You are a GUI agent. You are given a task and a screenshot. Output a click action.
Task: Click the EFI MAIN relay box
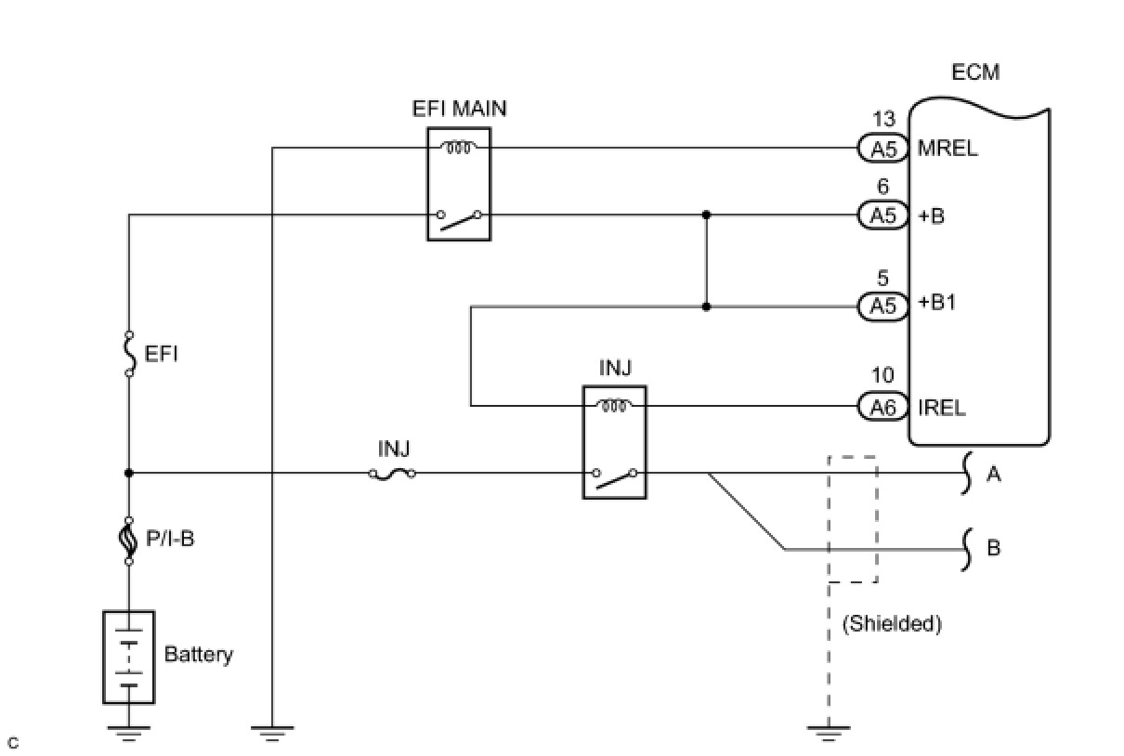pyautogui.click(x=459, y=184)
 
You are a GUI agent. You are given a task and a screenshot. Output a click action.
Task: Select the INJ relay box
pyautogui.click(x=614, y=442)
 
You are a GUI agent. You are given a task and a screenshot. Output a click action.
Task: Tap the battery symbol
pyautogui.click(x=128, y=657)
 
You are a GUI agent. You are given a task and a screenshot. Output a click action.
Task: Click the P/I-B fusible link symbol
pyautogui.click(x=128, y=540)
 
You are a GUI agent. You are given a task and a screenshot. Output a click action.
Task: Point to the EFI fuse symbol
pyautogui.click(x=128, y=354)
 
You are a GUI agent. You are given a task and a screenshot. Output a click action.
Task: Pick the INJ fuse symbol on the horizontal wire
pyautogui.click(x=392, y=474)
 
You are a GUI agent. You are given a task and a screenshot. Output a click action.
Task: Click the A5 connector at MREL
pyautogui.click(x=882, y=148)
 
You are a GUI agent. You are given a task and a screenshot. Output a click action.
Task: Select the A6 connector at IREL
pyautogui.click(x=882, y=406)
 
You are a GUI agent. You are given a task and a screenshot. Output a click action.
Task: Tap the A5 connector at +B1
pyautogui.click(x=882, y=306)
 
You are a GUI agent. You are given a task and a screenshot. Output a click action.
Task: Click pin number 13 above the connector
pyautogui.click(x=883, y=120)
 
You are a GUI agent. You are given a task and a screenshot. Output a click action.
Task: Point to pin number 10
pyautogui.click(x=883, y=375)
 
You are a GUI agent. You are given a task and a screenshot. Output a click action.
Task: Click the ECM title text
pyautogui.click(x=976, y=72)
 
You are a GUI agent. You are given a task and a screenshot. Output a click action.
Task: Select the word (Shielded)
pyautogui.click(x=892, y=624)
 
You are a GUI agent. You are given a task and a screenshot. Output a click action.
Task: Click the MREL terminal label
pyautogui.click(x=948, y=148)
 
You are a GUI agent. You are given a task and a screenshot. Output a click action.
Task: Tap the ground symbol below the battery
pyautogui.click(x=128, y=733)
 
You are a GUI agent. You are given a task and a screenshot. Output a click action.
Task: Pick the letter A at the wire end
pyautogui.click(x=993, y=475)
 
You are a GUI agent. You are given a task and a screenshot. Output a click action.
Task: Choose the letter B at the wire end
pyautogui.click(x=993, y=548)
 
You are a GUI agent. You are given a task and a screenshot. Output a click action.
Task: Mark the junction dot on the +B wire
pyautogui.click(x=706, y=215)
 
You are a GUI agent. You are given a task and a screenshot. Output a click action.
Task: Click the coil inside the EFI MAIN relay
pyautogui.click(x=459, y=147)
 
